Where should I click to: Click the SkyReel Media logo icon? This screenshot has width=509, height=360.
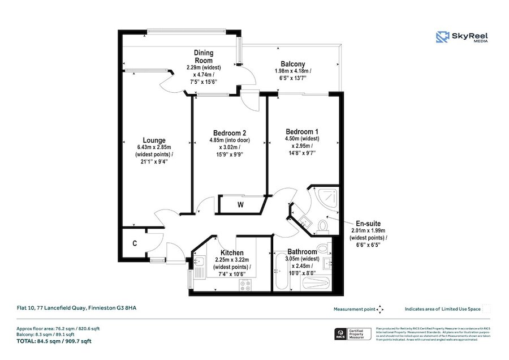pos(442,38)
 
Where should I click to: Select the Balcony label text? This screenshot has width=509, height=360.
pos(292,64)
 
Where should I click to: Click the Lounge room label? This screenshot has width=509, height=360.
pos(154,140)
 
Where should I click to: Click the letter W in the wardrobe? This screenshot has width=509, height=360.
pos(240,204)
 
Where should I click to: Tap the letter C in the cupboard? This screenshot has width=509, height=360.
pos(135,244)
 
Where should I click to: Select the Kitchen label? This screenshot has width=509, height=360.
pos(232,252)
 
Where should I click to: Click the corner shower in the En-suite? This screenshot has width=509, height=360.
pos(325,196)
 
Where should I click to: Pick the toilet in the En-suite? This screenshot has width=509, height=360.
pos(323,226)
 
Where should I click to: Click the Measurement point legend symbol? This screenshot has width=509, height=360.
pos(380,309)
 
